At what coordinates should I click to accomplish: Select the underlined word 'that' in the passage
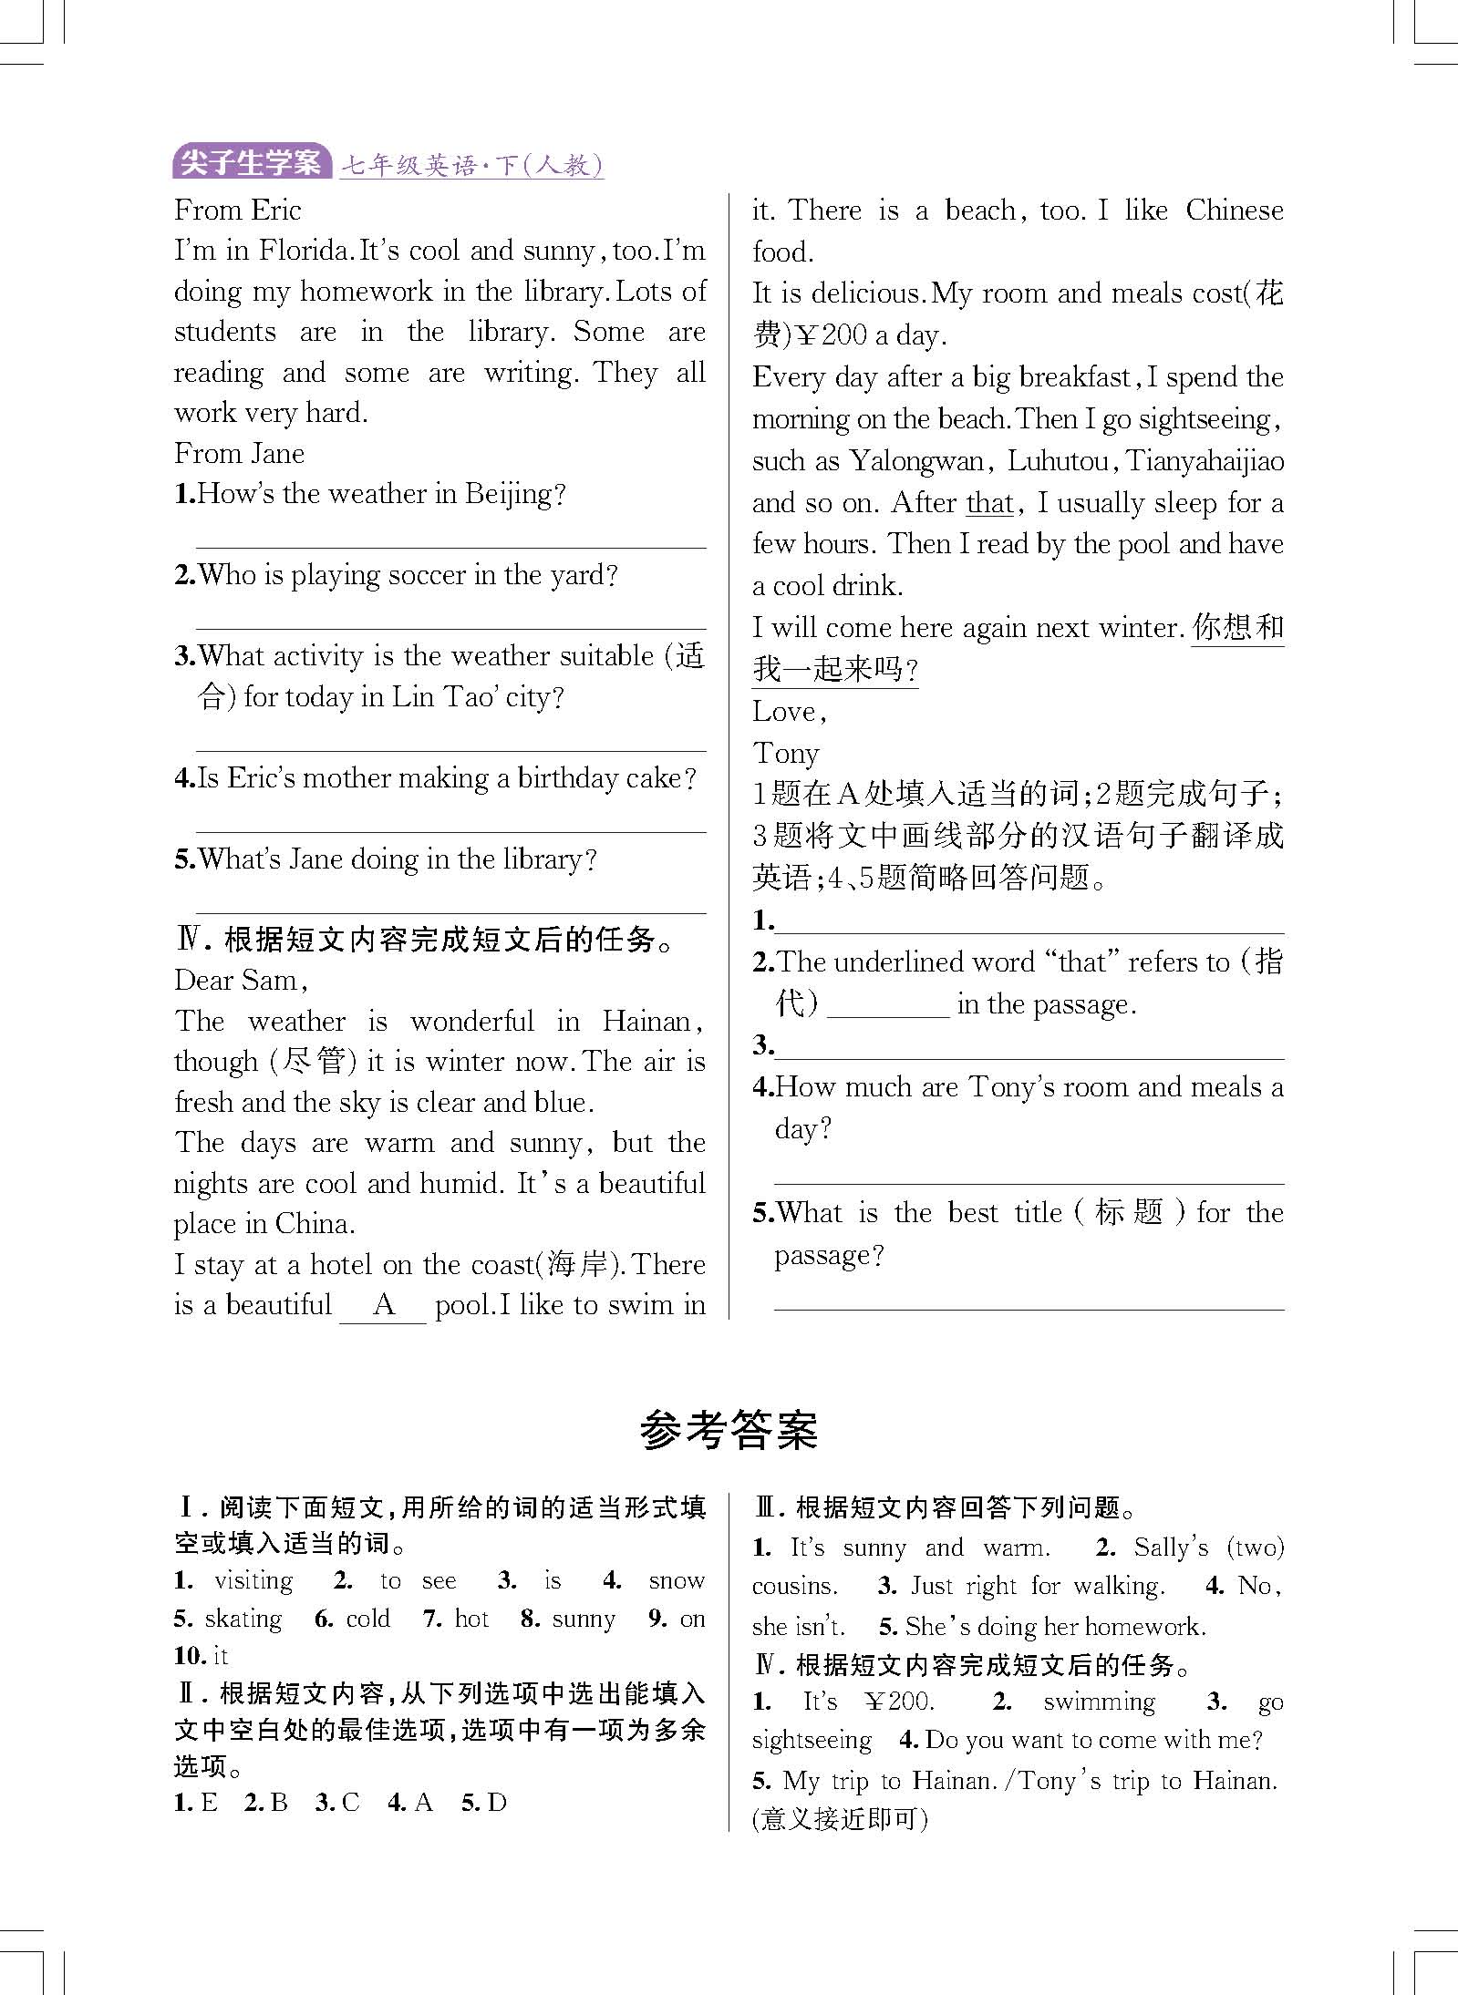coord(989,503)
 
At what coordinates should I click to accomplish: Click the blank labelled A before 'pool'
coord(383,1305)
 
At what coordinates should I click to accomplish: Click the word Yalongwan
coord(915,461)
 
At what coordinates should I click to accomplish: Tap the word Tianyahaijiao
coord(1205,461)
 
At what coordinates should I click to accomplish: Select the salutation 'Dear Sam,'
coord(241,981)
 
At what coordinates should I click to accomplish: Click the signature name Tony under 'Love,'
coord(785,754)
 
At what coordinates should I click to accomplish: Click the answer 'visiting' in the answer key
coord(253,1581)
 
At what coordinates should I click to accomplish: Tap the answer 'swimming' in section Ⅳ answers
coord(1099,1702)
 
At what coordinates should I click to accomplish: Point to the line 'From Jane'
coord(239,454)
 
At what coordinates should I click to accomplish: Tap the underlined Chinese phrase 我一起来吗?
coord(834,670)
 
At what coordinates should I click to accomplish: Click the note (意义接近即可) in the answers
coord(840,1819)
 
